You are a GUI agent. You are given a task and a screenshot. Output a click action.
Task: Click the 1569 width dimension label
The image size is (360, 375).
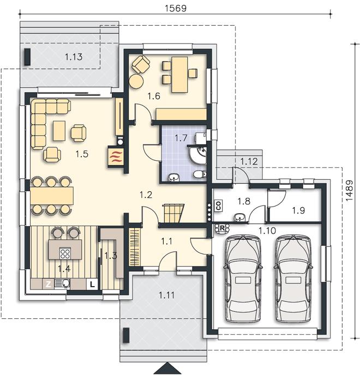tap(176, 8)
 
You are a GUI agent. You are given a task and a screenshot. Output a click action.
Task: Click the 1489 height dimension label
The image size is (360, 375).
tap(350, 190)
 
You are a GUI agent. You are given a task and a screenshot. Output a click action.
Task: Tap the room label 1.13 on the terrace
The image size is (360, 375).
tap(74, 57)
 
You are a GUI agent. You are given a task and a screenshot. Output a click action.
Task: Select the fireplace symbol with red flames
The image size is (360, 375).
tap(116, 157)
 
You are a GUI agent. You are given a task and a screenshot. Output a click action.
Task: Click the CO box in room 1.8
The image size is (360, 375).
tap(219, 205)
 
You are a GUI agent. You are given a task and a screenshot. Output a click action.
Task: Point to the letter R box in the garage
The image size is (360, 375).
tap(222, 228)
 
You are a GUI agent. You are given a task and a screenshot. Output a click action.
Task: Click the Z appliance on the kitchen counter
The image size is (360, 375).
tap(49, 284)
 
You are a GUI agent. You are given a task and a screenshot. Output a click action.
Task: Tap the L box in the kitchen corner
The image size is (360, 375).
tap(92, 285)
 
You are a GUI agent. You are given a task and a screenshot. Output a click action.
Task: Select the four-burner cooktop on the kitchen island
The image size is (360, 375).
tap(65, 253)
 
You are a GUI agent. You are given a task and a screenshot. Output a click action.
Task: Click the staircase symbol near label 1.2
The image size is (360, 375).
tap(173, 213)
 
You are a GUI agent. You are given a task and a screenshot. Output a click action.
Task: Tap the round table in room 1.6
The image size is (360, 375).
tap(136, 81)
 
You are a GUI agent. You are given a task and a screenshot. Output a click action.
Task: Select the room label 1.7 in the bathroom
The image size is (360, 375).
tap(181, 138)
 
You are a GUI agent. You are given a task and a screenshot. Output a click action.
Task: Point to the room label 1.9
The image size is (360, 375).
tap(298, 210)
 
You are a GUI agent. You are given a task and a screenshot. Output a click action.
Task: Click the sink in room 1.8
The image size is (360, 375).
tap(239, 217)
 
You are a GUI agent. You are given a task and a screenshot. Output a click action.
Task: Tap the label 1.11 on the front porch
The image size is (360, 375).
tap(166, 295)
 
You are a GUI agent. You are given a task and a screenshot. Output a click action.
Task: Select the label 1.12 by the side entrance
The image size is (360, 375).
tap(249, 161)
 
